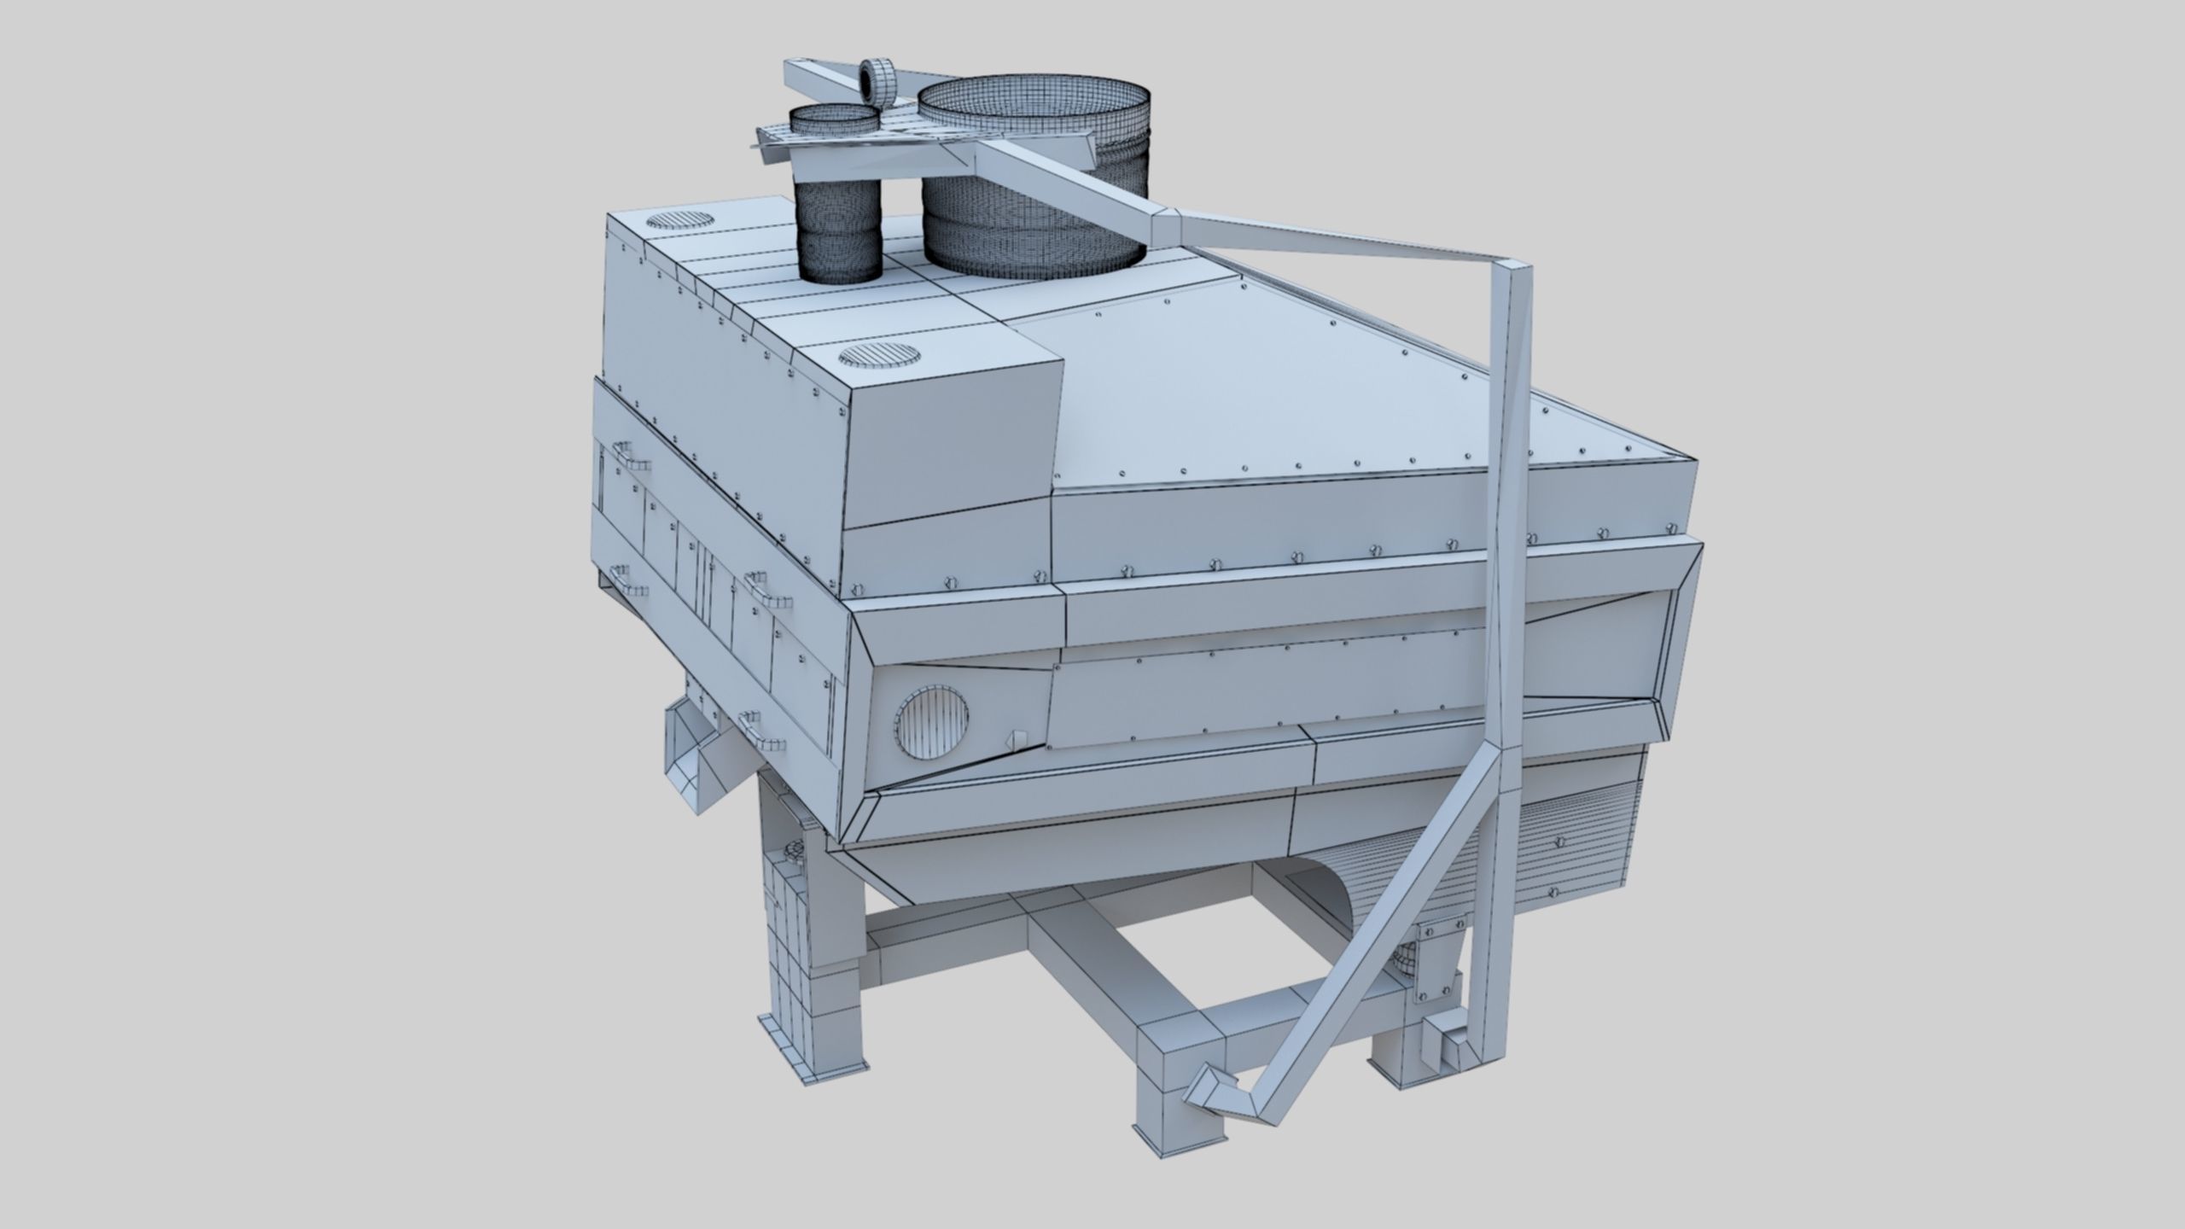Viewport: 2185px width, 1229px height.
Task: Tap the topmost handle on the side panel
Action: click(630, 456)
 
